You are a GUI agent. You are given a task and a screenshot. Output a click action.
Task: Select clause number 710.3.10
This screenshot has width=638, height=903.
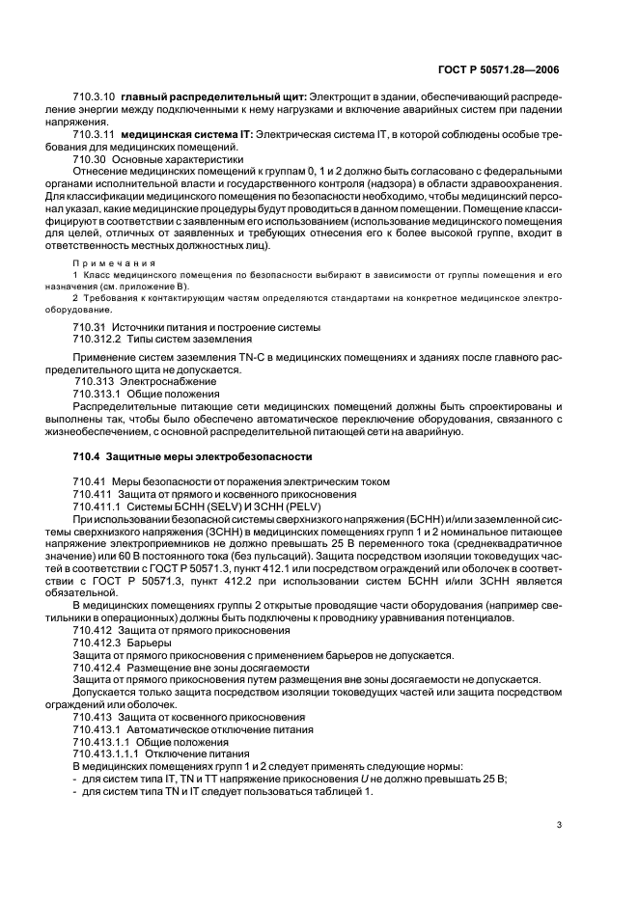click(x=94, y=98)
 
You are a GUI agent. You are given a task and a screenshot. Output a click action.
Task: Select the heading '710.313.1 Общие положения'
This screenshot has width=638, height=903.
click(x=147, y=394)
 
